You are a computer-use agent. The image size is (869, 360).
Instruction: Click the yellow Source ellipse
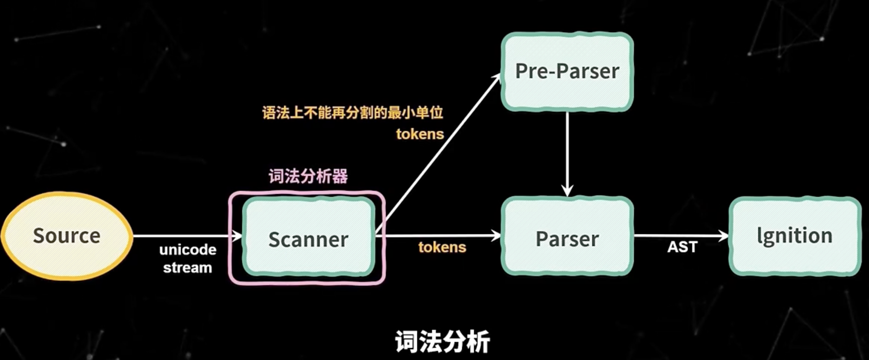pyautogui.click(x=67, y=235)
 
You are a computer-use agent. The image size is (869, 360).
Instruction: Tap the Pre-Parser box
pyautogui.click(x=567, y=71)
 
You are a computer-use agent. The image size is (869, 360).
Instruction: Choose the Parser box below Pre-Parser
pyautogui.click(x=567, y=238)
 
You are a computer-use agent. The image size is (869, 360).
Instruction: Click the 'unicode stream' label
pyautogui.click(x=187, y=258)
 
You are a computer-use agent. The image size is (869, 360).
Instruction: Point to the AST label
pyautogui.click(x=682, y=247)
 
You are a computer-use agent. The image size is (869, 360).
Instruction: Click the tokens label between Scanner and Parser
pyautogui.click(x=442, y=247)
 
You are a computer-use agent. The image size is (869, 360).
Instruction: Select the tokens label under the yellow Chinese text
pyautogui.click(x=420, y=134)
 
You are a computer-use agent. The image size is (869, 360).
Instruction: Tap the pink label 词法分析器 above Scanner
pyautogui.click(x=308, y=176)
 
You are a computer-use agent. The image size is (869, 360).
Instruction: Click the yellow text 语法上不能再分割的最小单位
pyautogui.click(x=353, y=112)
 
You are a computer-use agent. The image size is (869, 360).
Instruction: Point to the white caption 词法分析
pyautogui.click(x=442, y=341)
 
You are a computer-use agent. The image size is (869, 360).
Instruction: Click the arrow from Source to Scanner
pyautogui.click(x=186, y=236)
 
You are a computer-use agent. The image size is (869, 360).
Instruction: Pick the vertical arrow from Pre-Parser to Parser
pyautogui.click(x=567, y=152)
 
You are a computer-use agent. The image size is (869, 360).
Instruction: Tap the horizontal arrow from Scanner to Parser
pyautogui.click(x=439, y=235)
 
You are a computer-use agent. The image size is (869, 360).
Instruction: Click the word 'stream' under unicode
pyautogui.click(x=187, y=268)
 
